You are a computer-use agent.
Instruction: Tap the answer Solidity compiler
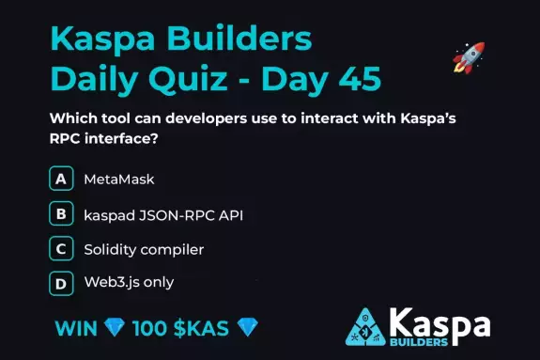pos(143,249)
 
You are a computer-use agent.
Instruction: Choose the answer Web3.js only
pos(129,282)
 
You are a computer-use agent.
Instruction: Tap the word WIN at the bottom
pos(76,329)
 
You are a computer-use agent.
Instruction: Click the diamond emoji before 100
pos(116,329)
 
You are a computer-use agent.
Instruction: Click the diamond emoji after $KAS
pos(248,329)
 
